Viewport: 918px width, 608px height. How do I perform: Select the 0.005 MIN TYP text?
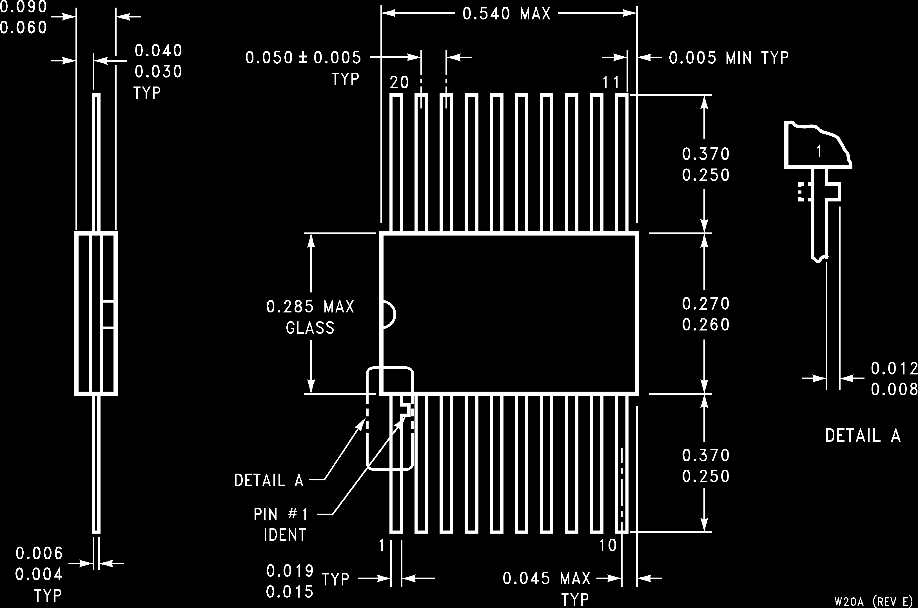728,58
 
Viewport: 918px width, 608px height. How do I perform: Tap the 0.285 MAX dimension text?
310,307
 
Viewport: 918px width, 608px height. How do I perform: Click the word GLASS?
310,328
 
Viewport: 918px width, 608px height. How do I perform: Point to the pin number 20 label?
399,83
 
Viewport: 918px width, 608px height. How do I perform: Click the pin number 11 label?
611,83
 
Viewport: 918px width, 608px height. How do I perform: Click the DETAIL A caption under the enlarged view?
863,436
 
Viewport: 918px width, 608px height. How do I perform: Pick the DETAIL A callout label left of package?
269,481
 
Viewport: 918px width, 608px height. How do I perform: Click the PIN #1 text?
280,514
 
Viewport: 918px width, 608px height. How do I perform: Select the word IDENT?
285,535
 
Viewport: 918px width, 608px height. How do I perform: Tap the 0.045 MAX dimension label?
546,578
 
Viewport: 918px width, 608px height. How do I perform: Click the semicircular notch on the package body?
389,314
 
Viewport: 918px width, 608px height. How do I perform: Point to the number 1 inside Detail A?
819,152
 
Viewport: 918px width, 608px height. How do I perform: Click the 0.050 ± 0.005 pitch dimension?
303,58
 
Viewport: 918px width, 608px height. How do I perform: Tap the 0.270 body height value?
706,304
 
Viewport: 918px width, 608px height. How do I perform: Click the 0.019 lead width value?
290,571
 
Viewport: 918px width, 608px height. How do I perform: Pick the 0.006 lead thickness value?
39,553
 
